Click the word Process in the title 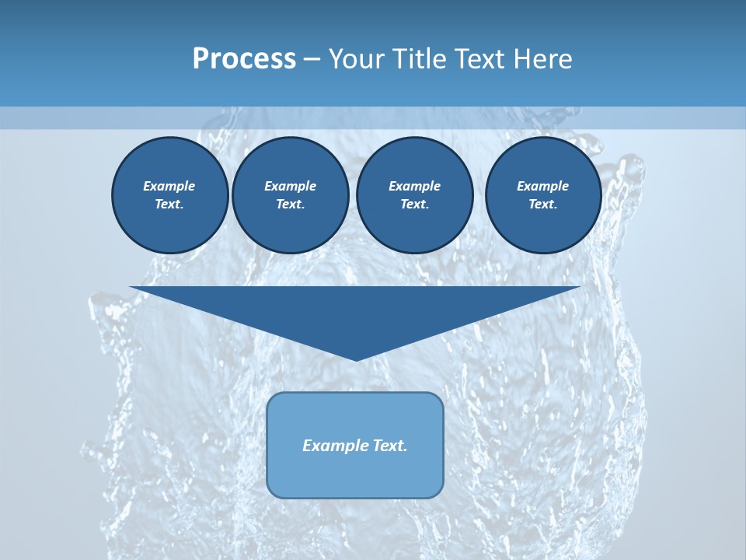click(x=244, y=59)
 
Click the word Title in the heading click(x=418, y=59)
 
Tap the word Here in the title click(x=542, y=59)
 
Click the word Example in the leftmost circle click(x=169, y=186)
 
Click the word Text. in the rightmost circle click(x=543, y=205)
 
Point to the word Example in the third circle click(x=415, y=186)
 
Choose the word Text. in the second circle click(x=291, y=205)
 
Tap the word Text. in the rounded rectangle click(x=389, y=446)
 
